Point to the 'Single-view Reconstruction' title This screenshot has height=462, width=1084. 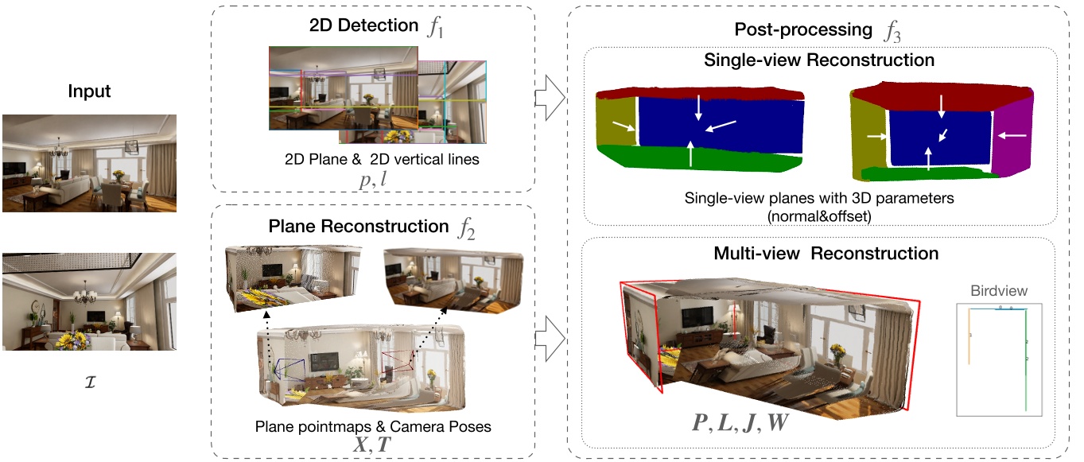tap(819, 60)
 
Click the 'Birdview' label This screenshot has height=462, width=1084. tap(998, 290)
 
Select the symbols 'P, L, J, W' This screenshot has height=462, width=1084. tap(740, 423)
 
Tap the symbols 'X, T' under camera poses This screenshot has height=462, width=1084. tap(372, 444)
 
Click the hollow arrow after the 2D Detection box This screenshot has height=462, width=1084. tap(550, 99)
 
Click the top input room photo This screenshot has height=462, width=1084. tap(88, 162)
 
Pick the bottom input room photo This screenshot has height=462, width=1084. tap(88, 301)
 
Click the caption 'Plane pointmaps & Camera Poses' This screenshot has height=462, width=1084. tap(372, 426)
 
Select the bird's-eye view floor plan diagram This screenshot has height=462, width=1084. tap(998, 358)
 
